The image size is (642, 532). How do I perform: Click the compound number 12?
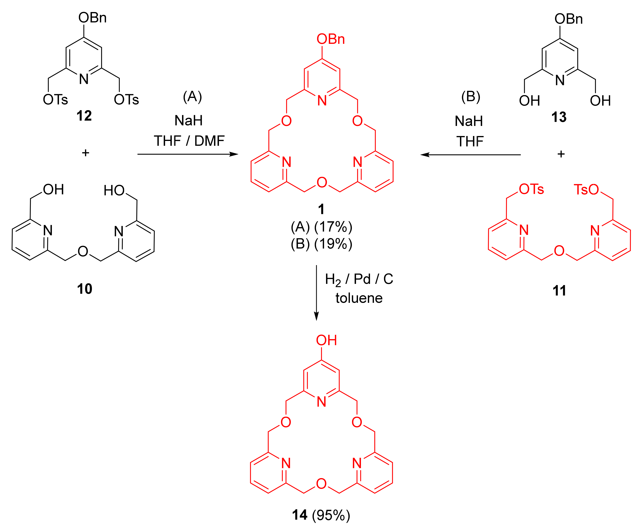coord(84,116)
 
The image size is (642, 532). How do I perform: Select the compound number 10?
coord(85,289)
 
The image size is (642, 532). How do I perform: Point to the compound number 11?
coord(559,290)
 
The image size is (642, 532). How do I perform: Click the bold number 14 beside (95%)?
coord(300,515)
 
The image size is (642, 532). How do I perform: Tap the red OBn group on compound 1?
coord(331,39)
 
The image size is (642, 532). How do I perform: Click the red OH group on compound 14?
coord(326,340)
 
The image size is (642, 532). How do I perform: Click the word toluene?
coord(359,298)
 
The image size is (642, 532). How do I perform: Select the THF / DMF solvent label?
coord(189,141)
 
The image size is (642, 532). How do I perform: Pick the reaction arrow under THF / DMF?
coord(188,154)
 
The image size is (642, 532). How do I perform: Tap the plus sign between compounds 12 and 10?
coord(86,153)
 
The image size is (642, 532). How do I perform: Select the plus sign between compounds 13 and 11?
coord(561,154)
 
